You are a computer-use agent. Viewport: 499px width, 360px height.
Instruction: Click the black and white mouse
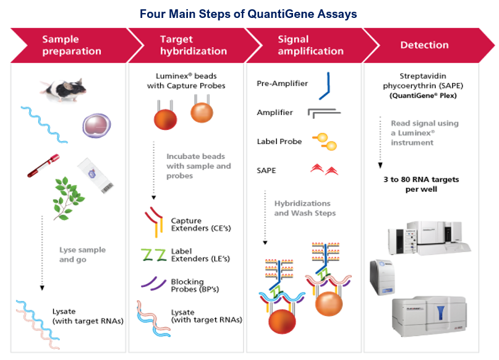63,90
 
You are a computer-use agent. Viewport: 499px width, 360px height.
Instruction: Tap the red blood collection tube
43,166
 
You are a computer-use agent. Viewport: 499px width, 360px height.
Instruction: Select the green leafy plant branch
68,199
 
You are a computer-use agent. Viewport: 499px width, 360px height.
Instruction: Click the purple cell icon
96,126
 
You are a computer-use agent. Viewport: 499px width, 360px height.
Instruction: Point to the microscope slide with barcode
95,176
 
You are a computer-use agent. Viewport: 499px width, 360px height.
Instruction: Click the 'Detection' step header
424,45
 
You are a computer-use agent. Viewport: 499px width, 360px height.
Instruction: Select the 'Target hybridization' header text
194,45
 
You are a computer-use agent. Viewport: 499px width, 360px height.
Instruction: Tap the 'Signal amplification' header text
310,45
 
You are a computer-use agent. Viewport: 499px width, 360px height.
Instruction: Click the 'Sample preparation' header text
72,45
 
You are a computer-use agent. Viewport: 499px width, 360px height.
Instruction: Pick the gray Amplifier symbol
323,113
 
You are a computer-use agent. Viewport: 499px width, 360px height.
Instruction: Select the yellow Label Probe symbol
325,142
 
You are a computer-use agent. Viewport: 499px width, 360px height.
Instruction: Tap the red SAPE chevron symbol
324,169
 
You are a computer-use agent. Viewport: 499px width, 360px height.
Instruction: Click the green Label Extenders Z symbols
154,255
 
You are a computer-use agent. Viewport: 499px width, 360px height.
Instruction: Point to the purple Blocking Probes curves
153,283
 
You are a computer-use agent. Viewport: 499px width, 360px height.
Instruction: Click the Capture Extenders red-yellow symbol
155,222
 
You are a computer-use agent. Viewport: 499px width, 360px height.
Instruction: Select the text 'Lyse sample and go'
82,255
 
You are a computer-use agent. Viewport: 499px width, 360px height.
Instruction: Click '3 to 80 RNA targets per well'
421,184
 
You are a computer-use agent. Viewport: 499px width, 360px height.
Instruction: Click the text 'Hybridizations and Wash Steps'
305,208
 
